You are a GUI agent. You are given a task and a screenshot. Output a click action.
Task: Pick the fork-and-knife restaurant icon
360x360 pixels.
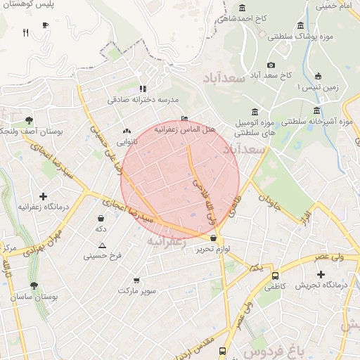[26, 32]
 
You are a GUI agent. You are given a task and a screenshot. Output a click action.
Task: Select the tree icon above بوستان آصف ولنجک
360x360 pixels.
[29, 120]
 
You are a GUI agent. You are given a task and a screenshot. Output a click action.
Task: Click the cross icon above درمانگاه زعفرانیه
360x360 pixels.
[44, 196]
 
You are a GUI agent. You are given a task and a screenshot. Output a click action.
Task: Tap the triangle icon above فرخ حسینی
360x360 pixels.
[103, 245]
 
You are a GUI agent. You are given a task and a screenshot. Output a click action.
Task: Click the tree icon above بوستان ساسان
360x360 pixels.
[34, 285]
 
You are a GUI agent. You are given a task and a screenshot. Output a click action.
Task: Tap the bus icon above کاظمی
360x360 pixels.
[274, 276]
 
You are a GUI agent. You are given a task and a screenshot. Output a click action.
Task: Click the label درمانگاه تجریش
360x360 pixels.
[318, 285]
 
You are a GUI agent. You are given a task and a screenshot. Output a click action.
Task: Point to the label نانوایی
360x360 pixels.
[127, 141]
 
